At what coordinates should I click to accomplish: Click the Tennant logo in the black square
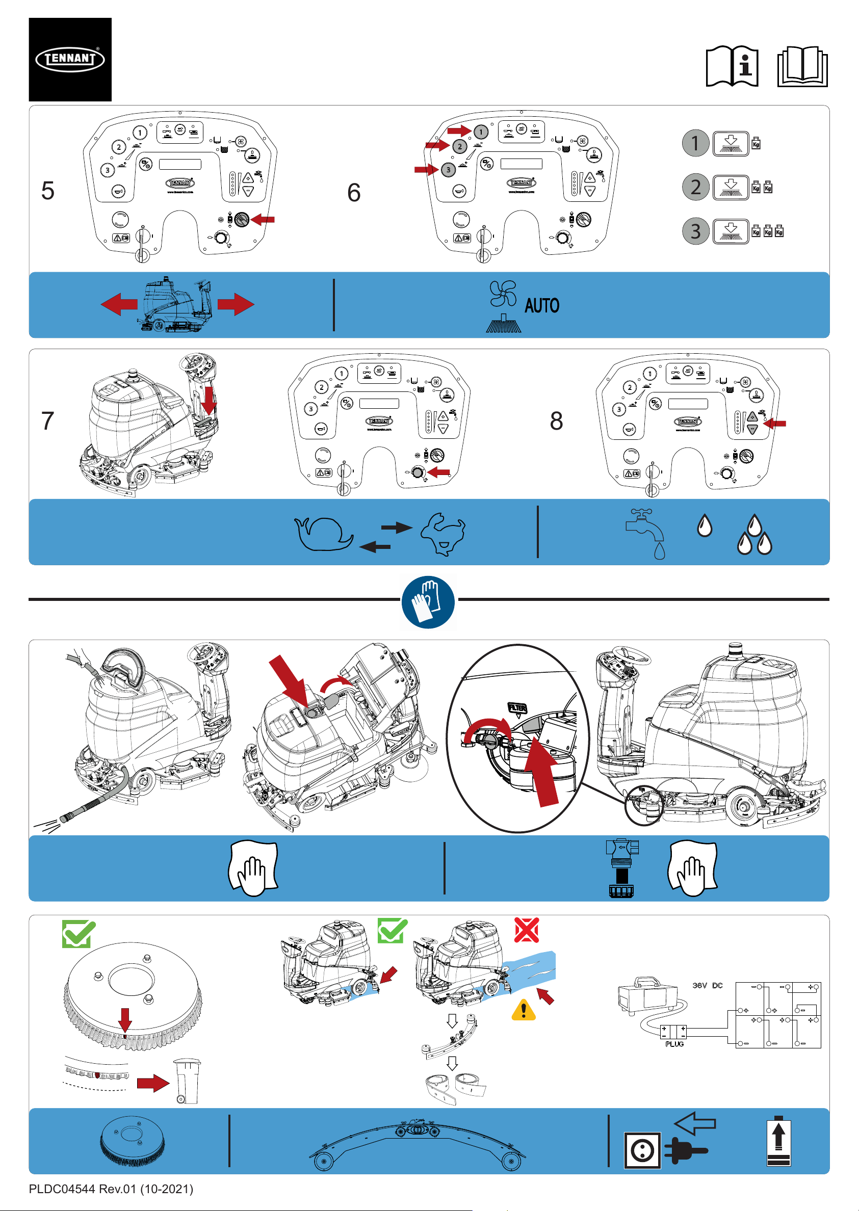(70, 59)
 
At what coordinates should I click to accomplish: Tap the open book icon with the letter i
(732, 67)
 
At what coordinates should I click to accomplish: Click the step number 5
(47, 191)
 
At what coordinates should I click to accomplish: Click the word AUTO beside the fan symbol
(541, 306)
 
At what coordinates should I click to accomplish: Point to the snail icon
(323, 533)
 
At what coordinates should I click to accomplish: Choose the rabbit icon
(443, 533)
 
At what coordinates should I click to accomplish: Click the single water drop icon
(704, 526)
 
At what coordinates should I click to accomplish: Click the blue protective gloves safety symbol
(428, 602)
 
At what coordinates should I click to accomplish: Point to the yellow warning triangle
(524, 1010)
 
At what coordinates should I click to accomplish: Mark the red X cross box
(526, 930)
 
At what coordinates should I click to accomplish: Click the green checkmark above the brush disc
(79, 934)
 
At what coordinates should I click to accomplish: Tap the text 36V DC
(707, 986)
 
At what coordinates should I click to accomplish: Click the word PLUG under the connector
(674, 1044)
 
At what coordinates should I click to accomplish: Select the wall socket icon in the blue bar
(642, 1150)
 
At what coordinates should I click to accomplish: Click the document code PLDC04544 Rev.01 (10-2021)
(111, 1189)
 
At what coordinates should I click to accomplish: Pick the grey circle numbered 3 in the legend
(695, 231)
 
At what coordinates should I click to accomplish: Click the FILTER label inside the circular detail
(517, 707)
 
